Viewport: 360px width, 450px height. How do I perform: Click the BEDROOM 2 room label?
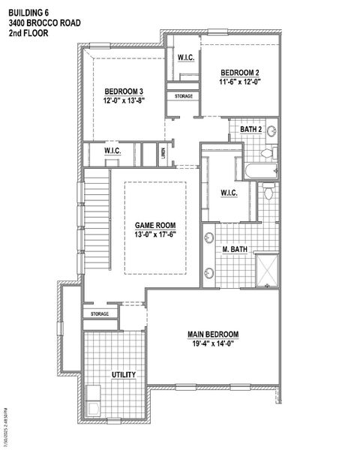click(239, 73)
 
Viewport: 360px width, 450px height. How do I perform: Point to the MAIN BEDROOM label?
click(213, 334)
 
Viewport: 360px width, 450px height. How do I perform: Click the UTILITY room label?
click(123, 374)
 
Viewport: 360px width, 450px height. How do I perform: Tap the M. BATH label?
click(235, 248)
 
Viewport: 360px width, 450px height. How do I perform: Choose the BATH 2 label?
click(250, 130)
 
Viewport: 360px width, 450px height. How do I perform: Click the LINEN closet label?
click(163, 153)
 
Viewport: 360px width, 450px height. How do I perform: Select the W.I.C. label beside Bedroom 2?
click(186, 58)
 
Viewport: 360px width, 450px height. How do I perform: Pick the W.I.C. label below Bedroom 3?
click(113, 152)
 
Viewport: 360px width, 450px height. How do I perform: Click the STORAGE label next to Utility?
click(100, 313)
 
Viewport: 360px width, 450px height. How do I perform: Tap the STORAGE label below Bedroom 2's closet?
click(185, 97)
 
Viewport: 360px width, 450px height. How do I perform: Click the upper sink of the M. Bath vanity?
click(208, 240)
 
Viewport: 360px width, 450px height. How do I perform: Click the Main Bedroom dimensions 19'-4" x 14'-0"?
click(213, 344)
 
